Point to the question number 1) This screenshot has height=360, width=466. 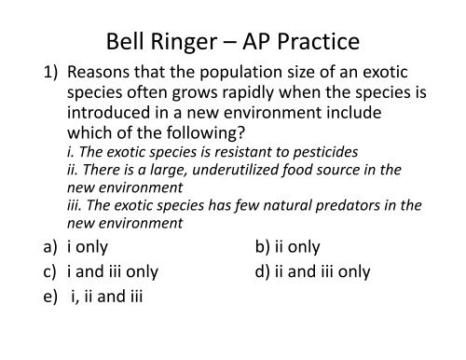pyautogui.click(x=45, y=75)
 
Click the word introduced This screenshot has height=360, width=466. pyautogui.click(x=107, y=118)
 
